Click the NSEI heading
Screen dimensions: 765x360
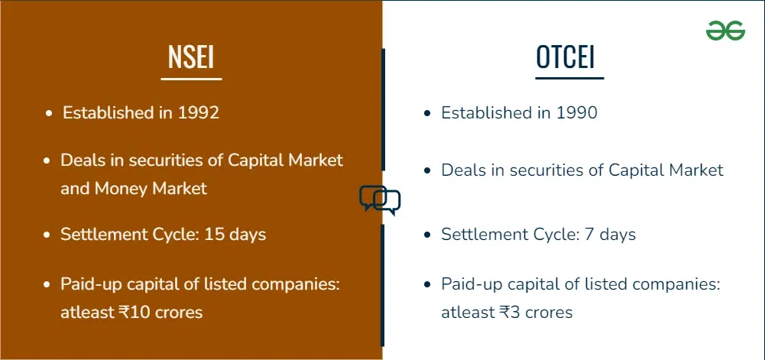[x=191, y=57]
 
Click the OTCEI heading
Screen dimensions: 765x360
[x=566, y=57]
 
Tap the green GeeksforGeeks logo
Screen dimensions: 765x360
[x=725, y=31]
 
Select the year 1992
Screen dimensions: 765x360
[x=198, y=112]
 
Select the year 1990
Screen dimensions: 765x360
[x=576, y=112]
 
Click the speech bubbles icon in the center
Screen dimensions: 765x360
[x=380, y=200]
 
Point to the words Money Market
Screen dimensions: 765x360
[x=151, y=188]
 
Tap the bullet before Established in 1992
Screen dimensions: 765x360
[x=49, y=114]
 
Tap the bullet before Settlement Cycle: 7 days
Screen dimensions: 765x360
[x=427, y=235]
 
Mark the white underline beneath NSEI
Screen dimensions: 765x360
[x=191, y=79]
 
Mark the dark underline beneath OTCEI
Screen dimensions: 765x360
[x=569, y=78]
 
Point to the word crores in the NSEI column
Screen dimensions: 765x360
[x=179, y=313]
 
